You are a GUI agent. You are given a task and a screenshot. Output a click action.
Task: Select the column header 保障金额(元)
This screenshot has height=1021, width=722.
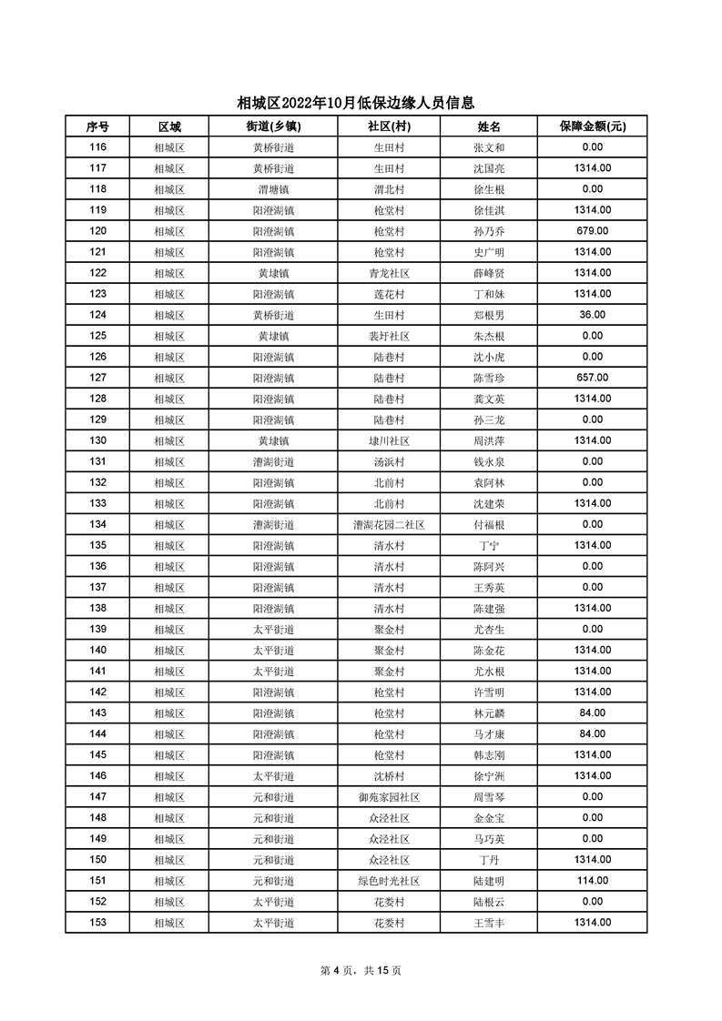click(592, 126)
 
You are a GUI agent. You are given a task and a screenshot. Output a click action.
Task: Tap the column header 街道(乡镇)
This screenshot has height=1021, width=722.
click(273, 126)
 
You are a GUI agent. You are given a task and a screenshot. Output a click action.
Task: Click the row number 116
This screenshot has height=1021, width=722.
click(97, 147)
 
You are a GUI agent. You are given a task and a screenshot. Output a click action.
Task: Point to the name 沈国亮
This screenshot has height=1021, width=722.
click(489, 168)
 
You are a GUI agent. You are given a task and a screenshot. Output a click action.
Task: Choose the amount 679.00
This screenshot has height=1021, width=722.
click(592, 231)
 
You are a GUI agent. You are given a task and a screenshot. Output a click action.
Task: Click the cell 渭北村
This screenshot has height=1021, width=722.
click(389, 189)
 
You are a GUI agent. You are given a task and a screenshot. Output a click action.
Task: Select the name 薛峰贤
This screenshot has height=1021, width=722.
click(489, 273)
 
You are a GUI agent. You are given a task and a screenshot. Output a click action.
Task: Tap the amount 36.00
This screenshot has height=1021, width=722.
click(592, 315)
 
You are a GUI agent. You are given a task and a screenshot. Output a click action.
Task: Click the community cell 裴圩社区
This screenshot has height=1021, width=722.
click(389, 336)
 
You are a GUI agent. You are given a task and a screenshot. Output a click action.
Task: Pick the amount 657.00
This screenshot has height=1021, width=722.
click(592, 378)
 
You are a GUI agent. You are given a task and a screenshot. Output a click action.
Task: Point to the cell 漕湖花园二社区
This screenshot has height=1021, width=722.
click(389, 525)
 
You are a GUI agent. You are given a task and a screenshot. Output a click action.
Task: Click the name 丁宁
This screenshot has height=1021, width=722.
click(489, 546)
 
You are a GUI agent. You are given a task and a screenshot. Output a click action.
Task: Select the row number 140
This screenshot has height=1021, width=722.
click(97, 650)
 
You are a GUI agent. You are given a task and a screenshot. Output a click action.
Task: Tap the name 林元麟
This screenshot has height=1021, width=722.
click(489, 713)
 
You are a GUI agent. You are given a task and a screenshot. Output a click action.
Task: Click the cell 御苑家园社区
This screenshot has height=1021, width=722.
click(389, 797)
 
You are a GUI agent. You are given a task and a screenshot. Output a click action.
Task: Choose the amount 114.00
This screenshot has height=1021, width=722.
click(592, 881)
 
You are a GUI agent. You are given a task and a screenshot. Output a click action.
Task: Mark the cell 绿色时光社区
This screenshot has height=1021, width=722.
click(389, 881)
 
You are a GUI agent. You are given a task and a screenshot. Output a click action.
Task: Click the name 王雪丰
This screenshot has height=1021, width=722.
click(489, 923)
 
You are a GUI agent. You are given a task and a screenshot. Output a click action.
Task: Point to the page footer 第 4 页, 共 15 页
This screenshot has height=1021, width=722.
click(361, 970)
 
